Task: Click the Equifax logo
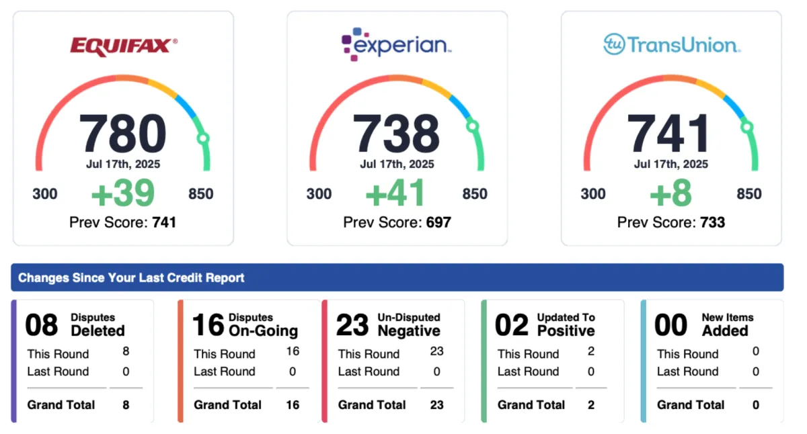point(124,46)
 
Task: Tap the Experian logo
point(397,44)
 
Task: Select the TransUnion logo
point(671,45)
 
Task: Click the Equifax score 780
point(122,133)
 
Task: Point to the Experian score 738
point(397,133)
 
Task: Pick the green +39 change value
point(122,193)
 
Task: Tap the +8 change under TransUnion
point(671,193)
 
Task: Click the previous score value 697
point(438,222)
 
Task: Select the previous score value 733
point(712,222)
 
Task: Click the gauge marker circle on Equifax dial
point(203,138)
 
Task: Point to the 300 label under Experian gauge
point(319,194)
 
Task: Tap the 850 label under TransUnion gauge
point(749,194)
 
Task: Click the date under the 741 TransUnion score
point(671,164)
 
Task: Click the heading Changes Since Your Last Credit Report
point(131,277)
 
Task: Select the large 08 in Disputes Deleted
point(42,325)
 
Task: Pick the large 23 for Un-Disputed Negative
point(352,325)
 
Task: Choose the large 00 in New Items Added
point(671,325)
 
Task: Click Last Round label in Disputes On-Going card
point(225,372)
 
